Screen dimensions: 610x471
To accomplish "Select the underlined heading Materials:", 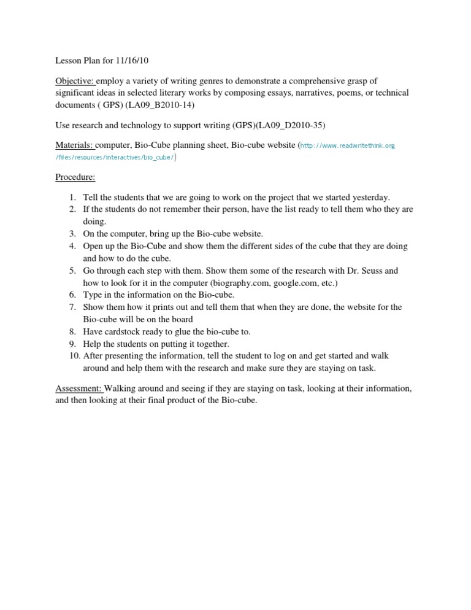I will coord(74,145).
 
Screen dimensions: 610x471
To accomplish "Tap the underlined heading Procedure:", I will coord(75,177).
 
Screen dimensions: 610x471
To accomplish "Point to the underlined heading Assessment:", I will coord(79,388).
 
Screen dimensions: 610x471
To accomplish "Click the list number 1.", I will coord(72,198).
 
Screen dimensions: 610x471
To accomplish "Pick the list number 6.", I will coord(72,295).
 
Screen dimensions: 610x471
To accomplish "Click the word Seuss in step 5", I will coord(370,271).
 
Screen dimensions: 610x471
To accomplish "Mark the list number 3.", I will coord(72,234).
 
